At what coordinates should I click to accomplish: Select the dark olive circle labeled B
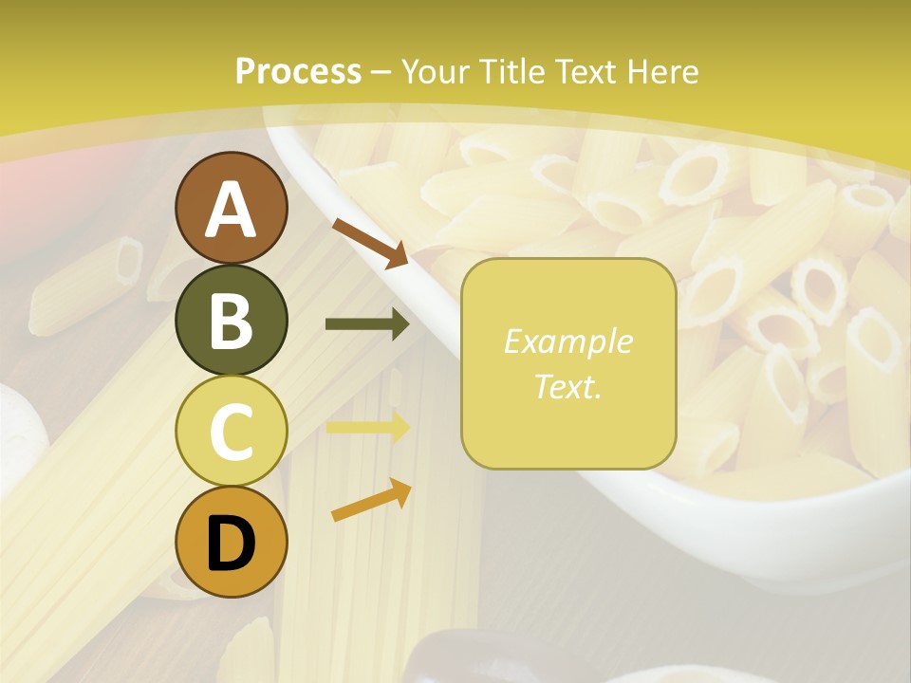(231, 320)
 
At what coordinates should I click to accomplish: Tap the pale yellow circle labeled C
(231, 432)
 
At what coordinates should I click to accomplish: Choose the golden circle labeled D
(231, 543)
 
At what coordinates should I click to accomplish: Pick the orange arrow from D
(371, 500)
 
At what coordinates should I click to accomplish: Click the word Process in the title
(298, 72)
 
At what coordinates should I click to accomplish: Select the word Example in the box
(567, 342)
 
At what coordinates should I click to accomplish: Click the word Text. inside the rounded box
(567, 386)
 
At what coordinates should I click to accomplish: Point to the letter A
(231, 210)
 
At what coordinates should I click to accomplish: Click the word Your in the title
(437, 72)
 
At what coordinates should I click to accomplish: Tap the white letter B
(231, 321)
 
